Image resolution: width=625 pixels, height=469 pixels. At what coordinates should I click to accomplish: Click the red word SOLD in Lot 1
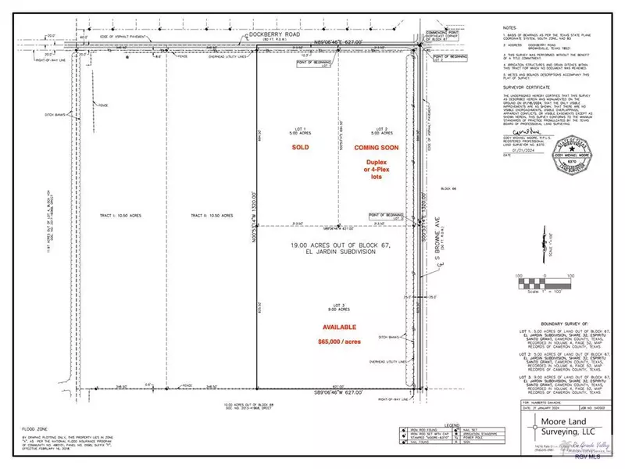(300, 147)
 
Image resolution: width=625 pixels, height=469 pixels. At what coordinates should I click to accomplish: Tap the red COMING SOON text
(376, 147)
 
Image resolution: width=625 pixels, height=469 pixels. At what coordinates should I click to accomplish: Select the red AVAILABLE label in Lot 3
(336, 327)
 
